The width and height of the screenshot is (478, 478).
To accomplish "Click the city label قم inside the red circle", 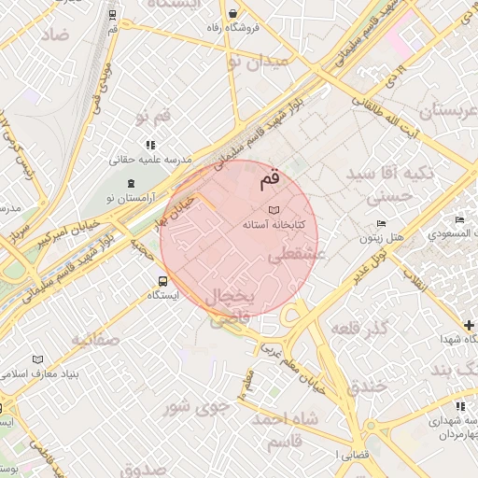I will click(x=269, y=177).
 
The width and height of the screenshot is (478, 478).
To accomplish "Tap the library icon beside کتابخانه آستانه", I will click(x=273, y=210).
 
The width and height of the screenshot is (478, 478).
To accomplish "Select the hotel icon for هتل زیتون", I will click(x=380, y=223).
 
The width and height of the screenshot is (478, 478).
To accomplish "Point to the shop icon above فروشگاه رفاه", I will click(x=232, y=13).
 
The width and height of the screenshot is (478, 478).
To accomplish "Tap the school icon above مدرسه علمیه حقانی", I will click(x=149, y=145).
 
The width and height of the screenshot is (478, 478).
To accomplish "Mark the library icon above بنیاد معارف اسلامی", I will click(x=37, y=359).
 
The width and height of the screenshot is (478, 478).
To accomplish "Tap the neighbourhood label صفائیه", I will click(x=95, y=339).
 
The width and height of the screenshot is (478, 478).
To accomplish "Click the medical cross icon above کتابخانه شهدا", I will click(x=469, y=325).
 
